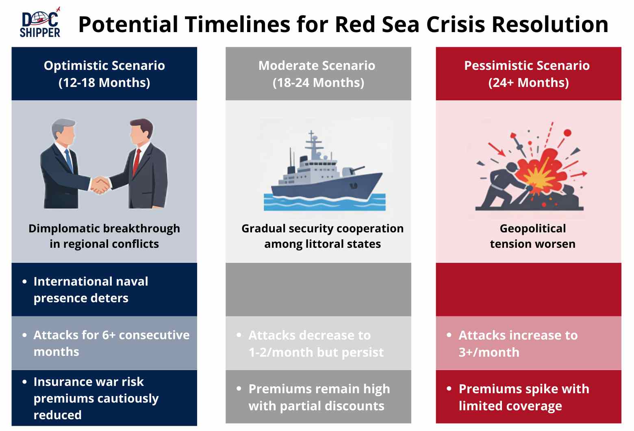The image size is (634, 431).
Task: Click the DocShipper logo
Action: [40, 24]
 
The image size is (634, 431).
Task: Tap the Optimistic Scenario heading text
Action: [104, 65]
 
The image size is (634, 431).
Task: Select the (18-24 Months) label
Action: [318, 83]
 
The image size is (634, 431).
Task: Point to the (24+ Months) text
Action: [528, 83]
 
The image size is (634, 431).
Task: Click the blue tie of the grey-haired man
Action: [69, 160]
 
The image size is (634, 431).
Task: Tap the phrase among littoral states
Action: [322, 244]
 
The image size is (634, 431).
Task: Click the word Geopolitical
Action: [532, 229]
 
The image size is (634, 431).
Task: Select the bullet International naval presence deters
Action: [91, 289]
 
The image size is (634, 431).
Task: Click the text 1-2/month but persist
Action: [316, 352]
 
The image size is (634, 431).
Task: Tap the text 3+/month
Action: [489, 352]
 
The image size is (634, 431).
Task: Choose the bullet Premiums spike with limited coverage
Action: [523, 397]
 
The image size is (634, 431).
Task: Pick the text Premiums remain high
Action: [319, 389]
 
